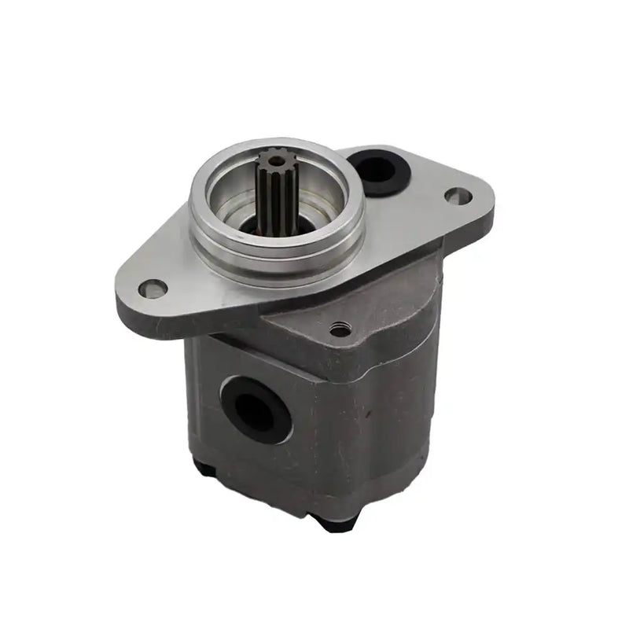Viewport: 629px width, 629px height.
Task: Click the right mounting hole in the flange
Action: [x=454, y=195]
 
